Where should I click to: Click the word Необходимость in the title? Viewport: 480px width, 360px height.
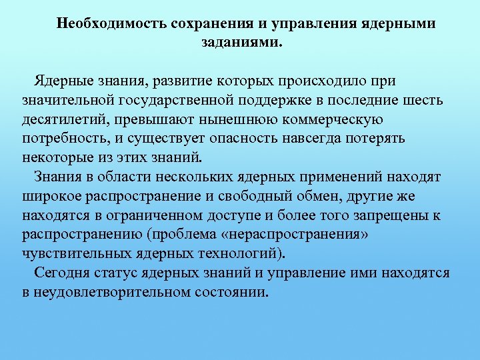111,24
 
